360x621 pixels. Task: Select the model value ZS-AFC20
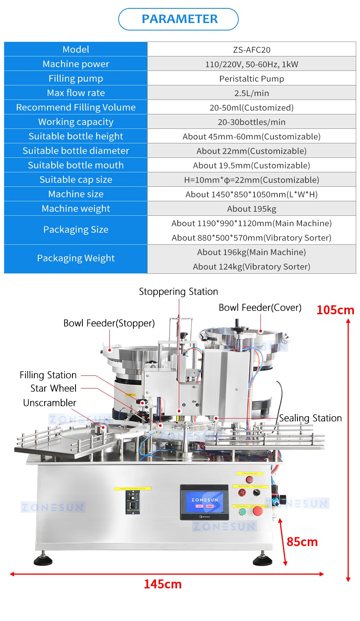coord(251,50)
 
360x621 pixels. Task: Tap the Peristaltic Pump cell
coord(251,79)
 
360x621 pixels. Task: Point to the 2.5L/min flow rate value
coord(251,93)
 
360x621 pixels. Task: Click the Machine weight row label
coord(76,209)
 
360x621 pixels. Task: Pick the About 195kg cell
coord(251,209)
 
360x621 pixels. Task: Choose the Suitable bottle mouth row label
coord(76,165)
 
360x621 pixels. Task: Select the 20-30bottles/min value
coord(251,122)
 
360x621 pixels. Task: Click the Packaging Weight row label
coord(76,258)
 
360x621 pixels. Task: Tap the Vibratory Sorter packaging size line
coord(251,238)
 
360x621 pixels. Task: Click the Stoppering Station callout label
coord(178,292)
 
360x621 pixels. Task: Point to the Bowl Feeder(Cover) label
coord(260,308)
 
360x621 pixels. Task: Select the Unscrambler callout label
coord(50,403)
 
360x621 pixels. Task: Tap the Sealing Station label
coord(310,418)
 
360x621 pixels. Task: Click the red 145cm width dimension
coord(162,584)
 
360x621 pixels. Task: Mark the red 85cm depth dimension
coord(302,542)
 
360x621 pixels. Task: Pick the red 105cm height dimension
coord(335,310)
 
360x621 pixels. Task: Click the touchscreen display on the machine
coord(204,502)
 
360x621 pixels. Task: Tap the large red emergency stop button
coord(258,511)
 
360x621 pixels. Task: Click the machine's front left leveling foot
coord(43,560)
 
